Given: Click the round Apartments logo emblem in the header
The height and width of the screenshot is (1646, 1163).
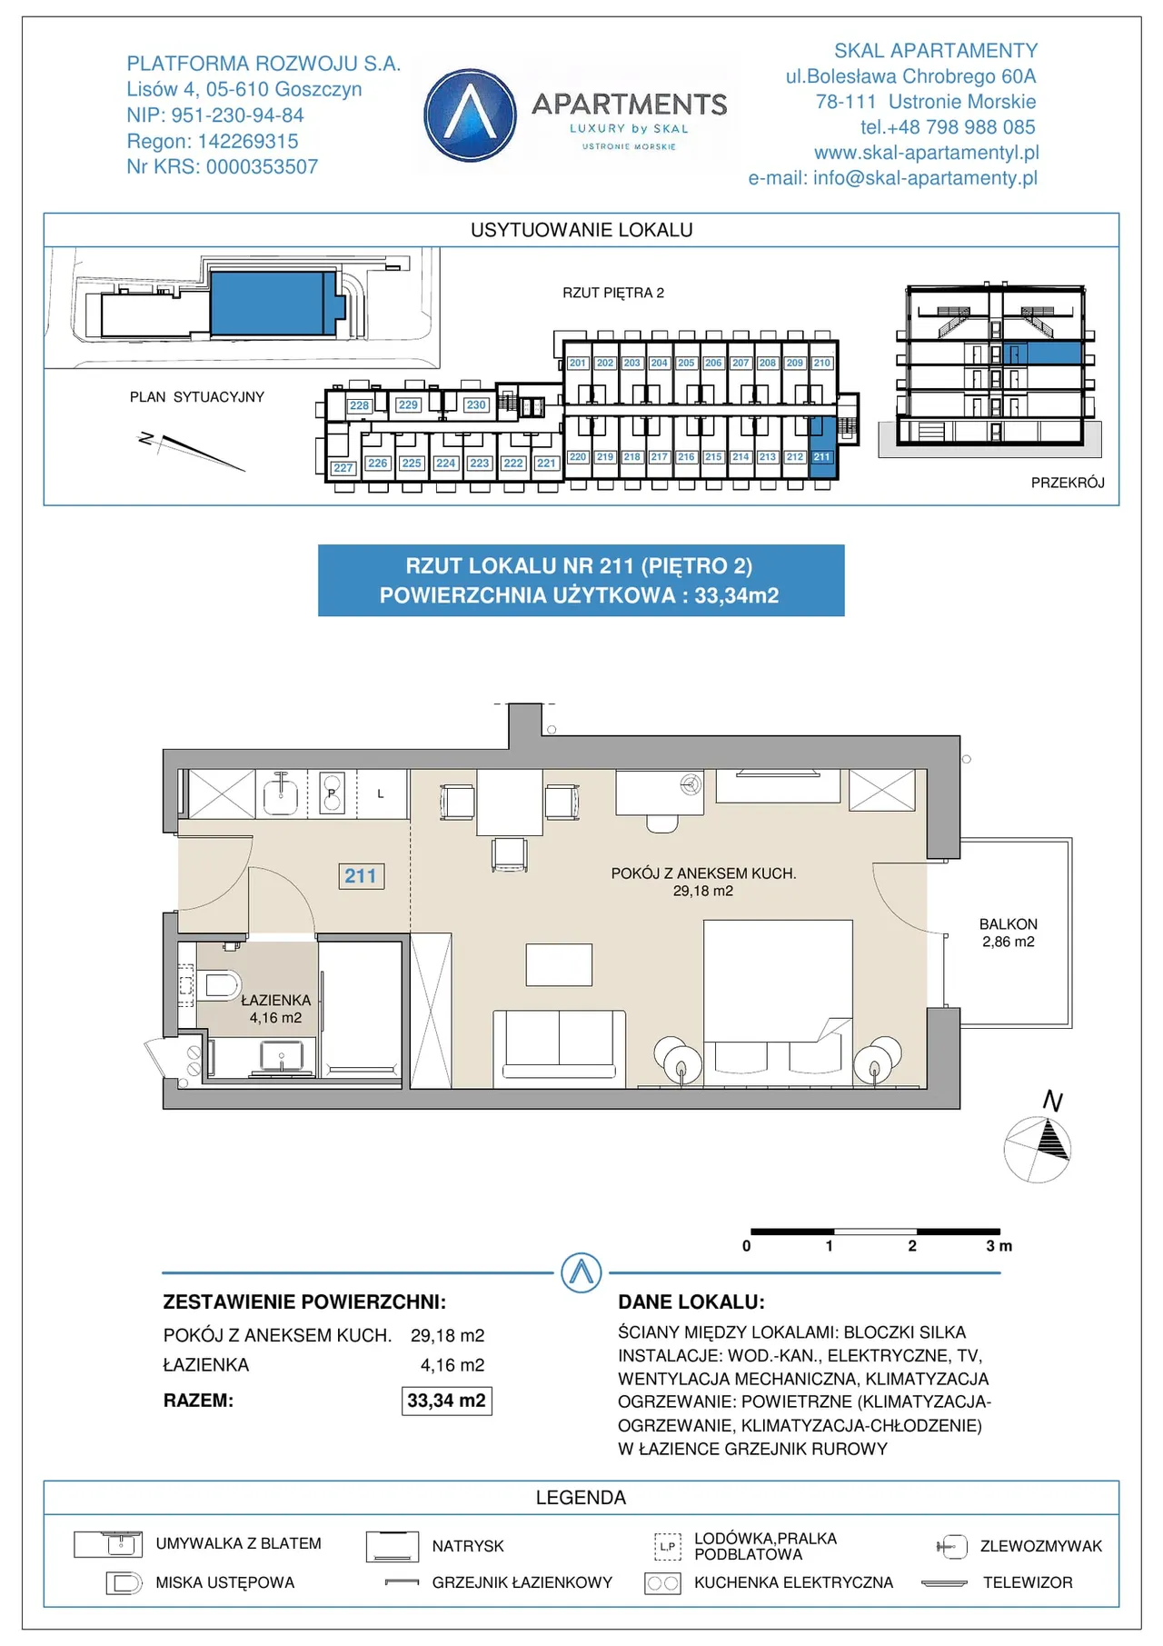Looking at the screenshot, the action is pyautogui.click(x=470, y=115).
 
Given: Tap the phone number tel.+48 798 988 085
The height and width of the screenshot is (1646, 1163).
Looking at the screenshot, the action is pyautogui.click(x=948, y=127).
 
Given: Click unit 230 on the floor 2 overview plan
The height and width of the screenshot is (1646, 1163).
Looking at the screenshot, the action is pyautogui.click(x=476, y=404).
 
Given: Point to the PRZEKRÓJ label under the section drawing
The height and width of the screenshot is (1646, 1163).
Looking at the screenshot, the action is pyautogui.click(x=1068, y=483).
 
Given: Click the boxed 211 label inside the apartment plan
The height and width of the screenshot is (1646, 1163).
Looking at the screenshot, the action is pyautogui.click(x=361, y=875).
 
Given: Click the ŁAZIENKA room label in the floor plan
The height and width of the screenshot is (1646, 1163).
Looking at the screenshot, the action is pyautogui.click(x=275, y=1000).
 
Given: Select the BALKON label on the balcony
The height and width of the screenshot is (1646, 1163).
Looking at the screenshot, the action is pyautogui.click(x=1009, y=923).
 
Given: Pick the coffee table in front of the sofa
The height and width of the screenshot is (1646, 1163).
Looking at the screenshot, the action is pyautogui.click(x=559, y=964).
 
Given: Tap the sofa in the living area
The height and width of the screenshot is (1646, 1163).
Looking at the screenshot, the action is pyautogui.click(x=560, y=1049).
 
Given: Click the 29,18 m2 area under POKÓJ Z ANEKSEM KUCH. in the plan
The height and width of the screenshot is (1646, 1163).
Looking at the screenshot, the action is pyautogui.click(x=703, y=891).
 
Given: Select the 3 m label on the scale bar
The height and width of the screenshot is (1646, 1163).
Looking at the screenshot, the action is pyautogui.click(x=999, y=1246).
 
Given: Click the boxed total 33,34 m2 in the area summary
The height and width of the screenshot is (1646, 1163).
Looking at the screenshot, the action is pyautogui.click(x=447, y=1401).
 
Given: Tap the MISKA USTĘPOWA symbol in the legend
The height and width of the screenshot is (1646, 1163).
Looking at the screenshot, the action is pyautogui.click(x=124, y=1583).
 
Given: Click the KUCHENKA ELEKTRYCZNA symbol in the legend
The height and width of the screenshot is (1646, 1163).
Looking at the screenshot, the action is pyautogui.click(x=662, y=1583).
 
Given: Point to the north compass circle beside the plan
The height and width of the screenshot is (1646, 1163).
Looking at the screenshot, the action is pyautogui.click(x=1037, y=1150).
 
